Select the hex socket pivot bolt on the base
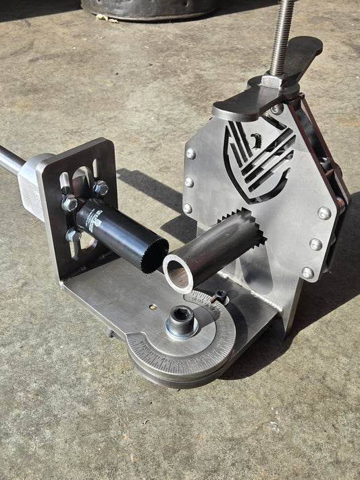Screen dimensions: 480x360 [x=182, y=319]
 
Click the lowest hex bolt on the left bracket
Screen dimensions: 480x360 [x=73, y=235]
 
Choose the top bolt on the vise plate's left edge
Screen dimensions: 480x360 [x=190, y=154]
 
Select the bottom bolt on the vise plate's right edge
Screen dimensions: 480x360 [x=307, y=272]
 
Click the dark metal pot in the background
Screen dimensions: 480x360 [x=149, y=8]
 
